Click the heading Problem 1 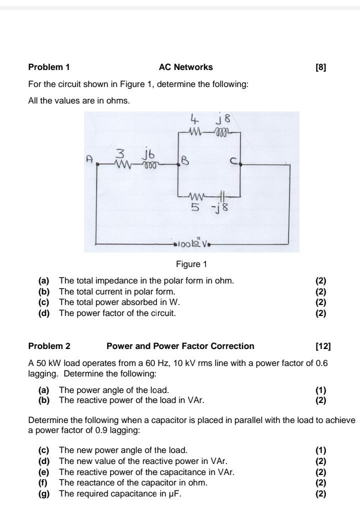(49, 67)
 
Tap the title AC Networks (185, 67)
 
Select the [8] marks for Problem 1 (321, 67)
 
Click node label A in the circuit (89, 158)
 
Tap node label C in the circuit (233, 160)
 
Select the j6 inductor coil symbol (151, 163)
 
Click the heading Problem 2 (49, 346)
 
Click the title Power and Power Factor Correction (180, 346)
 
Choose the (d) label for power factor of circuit (43, 313)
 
